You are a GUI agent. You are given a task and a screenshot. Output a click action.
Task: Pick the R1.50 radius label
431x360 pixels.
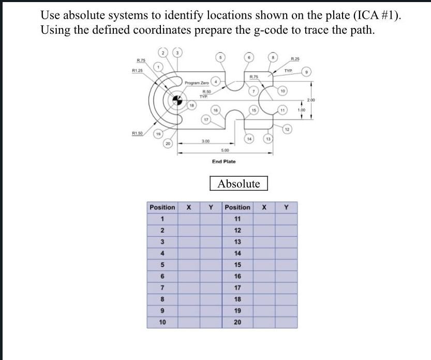(x=137, y=133)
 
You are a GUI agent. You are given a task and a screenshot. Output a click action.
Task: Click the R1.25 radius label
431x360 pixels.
(x=138, y=70)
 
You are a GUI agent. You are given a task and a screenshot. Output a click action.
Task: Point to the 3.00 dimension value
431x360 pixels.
(x=205, y=141)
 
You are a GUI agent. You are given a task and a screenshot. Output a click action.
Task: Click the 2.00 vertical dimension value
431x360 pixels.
(x=310, y=99)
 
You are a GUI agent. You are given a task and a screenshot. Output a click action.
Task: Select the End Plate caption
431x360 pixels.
(x=224, y=162)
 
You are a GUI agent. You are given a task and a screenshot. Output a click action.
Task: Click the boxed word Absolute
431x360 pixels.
(x=239, y=183)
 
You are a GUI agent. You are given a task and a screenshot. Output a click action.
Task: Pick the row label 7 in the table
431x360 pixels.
(x=161, y=287)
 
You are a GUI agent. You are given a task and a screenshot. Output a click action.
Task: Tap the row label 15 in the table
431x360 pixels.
(x=238, y=264)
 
